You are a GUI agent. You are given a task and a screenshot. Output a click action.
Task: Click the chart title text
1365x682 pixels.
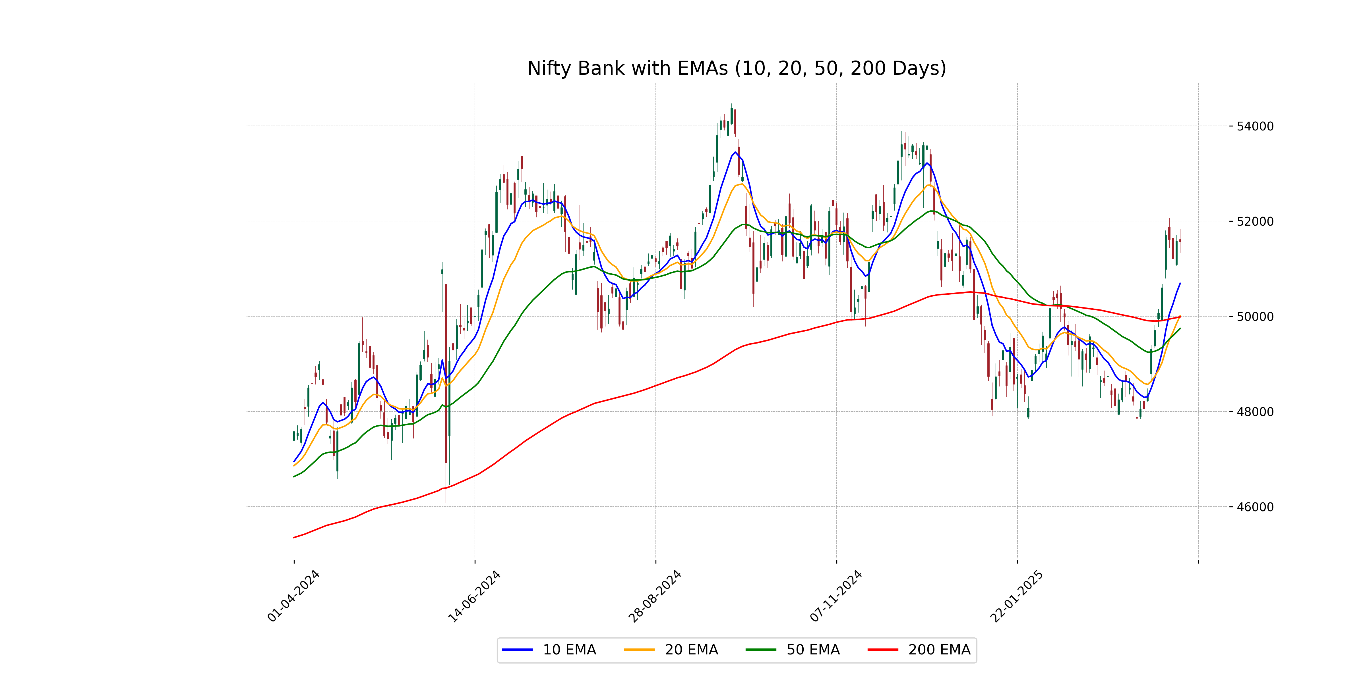[x=737, y=68]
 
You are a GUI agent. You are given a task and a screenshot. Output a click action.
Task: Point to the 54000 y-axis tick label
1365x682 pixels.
[x=1255, y=126]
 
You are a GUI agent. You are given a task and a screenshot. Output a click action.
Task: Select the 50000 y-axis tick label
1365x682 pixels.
[x=1255, y=317]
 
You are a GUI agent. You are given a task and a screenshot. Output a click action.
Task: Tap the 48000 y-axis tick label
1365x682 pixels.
[x=1255, y=412]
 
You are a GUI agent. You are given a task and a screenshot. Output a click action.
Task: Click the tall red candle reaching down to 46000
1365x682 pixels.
[x=446, y=373]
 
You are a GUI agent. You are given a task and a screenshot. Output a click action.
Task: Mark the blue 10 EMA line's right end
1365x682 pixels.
[x=1180, y=283]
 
